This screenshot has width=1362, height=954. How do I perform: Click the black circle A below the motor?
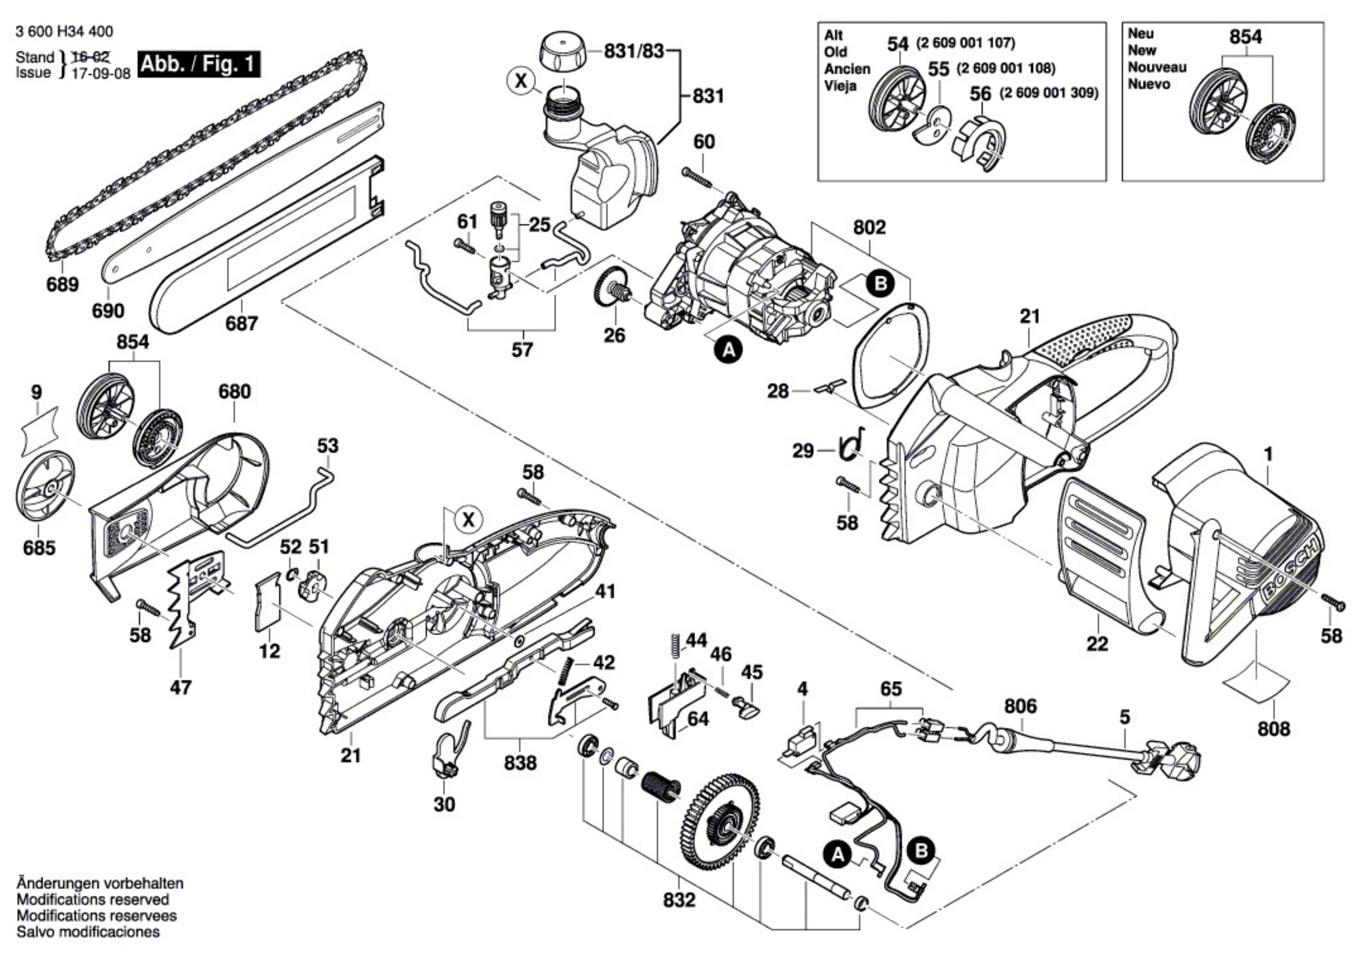click(729, 350)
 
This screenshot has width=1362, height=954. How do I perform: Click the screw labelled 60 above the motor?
click(699, 177)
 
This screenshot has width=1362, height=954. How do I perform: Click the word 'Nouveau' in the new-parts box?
click(1157, 67)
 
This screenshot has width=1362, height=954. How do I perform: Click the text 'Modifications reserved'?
click(92, 899)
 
